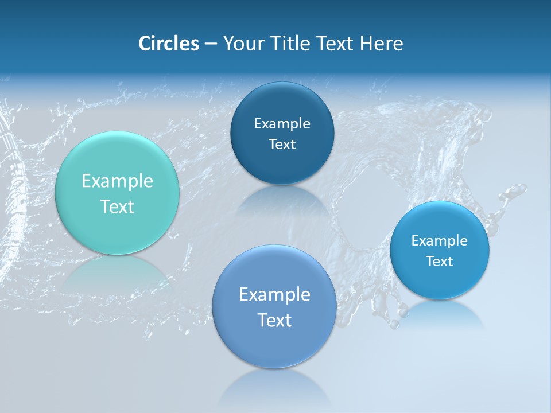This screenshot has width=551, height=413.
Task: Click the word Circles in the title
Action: pyautogui.click(x=168, y=44)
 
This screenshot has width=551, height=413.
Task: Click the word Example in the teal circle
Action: pyautogui.click(x=117, y=181)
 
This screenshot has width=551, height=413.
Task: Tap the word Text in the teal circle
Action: pyautogui.click(x=117, y=206)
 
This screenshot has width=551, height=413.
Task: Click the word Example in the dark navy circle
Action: pyautogui.click(x=282, y=123)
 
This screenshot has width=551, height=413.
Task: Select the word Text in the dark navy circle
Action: pyautogui.click(x=282, y=144)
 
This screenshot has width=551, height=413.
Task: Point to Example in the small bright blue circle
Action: pyautogui.click(x=440, y=240)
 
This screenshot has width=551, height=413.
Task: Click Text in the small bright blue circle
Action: pyautogui.click(x=440, y=261)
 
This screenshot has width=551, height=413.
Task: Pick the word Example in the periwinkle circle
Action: pyautogui.click(x=274, y=295)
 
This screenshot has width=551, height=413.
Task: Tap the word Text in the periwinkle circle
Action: pyautogui.click(x=274, y=320)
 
